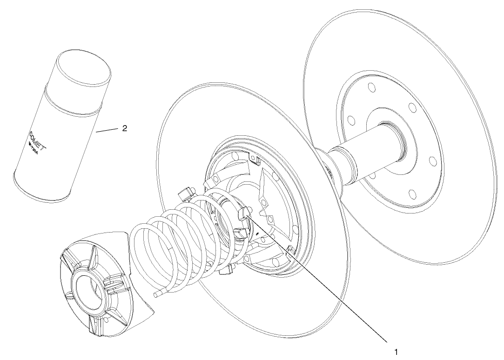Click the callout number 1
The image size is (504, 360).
click(x=396, y=351)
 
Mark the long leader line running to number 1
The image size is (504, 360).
click(x=326, y=284)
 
